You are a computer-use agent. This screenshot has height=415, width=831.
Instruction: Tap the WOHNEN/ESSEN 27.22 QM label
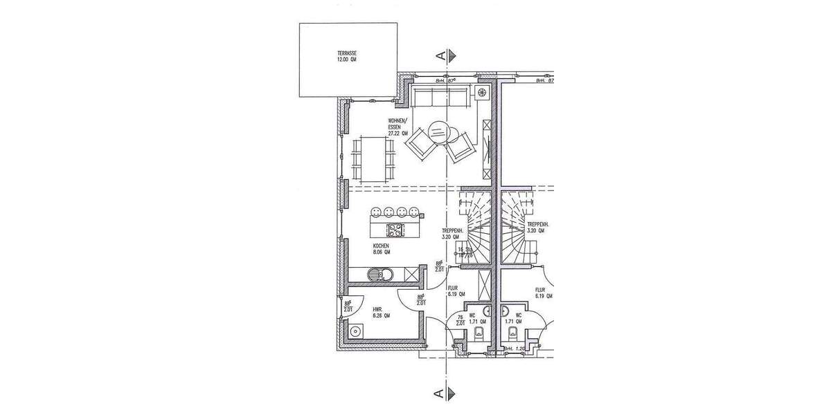point(399,128)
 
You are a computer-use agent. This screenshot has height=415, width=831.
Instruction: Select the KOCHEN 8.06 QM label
point(382,249)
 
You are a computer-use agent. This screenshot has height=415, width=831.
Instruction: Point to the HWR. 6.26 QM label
point(382,312)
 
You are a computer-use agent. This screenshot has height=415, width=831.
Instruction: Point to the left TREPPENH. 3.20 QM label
point(452,234)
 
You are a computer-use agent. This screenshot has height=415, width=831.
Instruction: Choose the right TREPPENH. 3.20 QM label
point(538,228)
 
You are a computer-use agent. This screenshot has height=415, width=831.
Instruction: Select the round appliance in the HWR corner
point(357,332)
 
